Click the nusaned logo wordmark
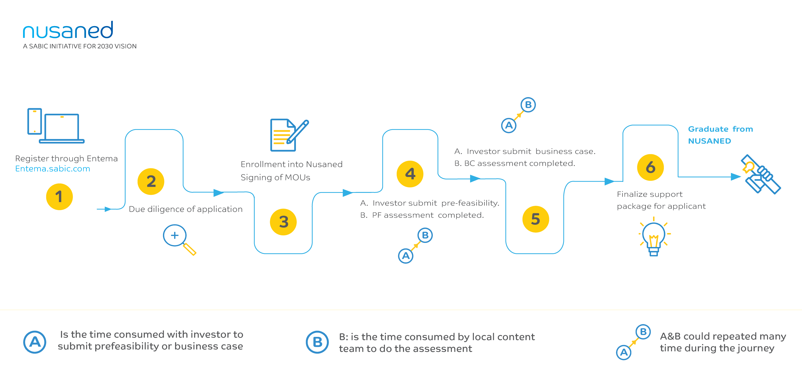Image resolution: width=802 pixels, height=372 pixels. (68, 30)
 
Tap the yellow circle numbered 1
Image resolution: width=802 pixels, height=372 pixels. (59, 197)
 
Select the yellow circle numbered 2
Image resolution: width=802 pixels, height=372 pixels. (151, 181)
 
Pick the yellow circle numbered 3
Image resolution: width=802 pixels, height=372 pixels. (283, 222)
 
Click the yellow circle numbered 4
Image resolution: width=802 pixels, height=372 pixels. (410, 174)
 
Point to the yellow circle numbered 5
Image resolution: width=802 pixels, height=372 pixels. (536, 219)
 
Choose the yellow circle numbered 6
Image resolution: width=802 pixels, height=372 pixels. (650, 167)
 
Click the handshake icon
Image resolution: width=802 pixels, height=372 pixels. (760, 174)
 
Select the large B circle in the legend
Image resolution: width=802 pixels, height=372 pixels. (317, 342)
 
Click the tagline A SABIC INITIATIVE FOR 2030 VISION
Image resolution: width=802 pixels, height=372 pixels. (80, 46)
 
